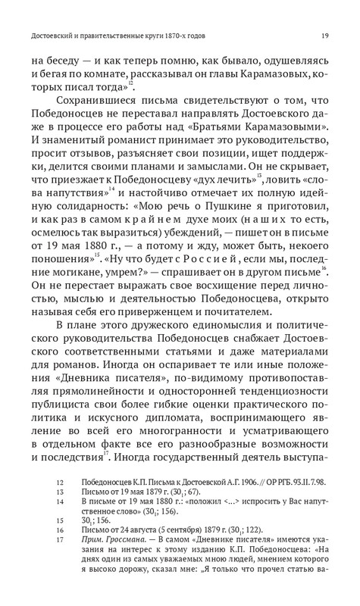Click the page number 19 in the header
tap(324, 35)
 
